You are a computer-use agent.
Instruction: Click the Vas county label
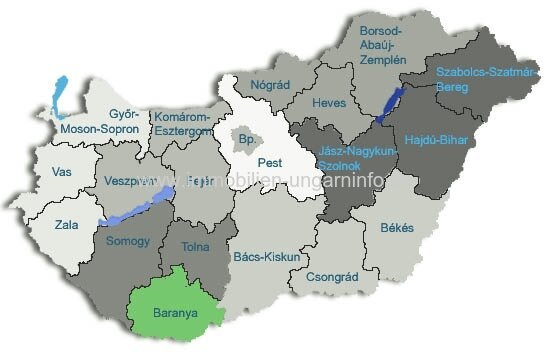pyautogui.click(x=61, y=172)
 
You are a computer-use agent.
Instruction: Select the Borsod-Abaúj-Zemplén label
pyautogui.click(x=383, y=45)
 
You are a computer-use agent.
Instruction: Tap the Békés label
pyautogui.click(x=397, y=228)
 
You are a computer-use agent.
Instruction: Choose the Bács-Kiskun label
pyautogui.click(x=266, y=256)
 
